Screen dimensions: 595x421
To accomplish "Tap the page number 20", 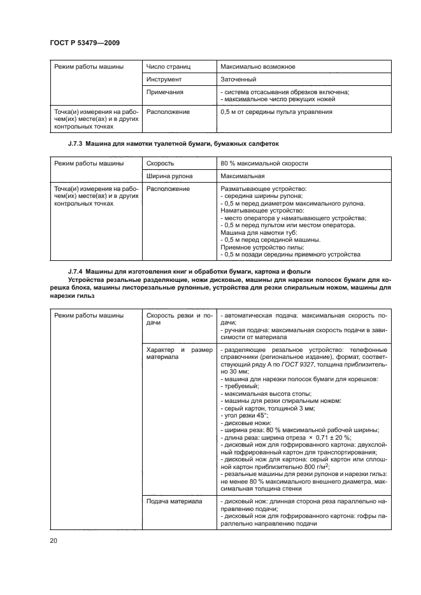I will tap(53, 541).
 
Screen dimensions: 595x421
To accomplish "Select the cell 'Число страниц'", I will tap(169, 66).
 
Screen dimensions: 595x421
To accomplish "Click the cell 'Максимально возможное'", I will tap(257, 66).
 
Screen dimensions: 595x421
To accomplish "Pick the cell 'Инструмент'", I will tap(164, 80).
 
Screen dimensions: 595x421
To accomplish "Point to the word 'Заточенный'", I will tap(238, 80).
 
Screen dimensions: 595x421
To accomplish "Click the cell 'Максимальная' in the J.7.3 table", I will tap(241, 176).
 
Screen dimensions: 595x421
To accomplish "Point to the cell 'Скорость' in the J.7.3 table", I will tap(161, 164).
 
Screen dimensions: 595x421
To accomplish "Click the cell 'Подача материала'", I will tap(175, 501).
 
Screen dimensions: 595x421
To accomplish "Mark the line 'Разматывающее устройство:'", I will tap(263, 189).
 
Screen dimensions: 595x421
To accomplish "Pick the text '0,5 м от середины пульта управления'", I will tap(276, 112).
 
